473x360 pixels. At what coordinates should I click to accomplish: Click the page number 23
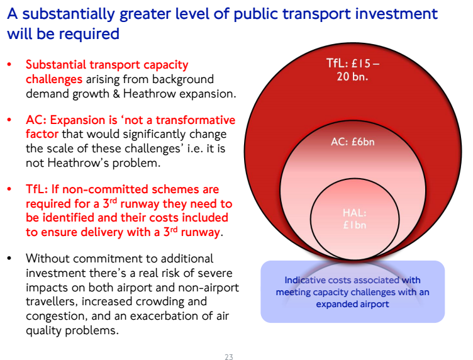click(229, 357)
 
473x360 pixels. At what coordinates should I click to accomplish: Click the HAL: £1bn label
click(355, 219)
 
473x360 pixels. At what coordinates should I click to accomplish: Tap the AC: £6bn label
click(353, 142)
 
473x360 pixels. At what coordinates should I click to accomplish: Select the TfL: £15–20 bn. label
click(353, 70)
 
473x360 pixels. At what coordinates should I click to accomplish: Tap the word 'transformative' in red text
click(196, 120)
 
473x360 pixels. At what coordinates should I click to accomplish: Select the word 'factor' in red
click(42, 133)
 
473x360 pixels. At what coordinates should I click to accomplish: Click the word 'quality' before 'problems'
click(44, 330)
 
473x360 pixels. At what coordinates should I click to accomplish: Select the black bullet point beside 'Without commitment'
click(9, 258)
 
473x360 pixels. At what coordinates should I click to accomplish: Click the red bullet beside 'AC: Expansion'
click(9, 120)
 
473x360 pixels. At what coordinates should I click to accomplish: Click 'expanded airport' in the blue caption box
click(352, 304)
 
